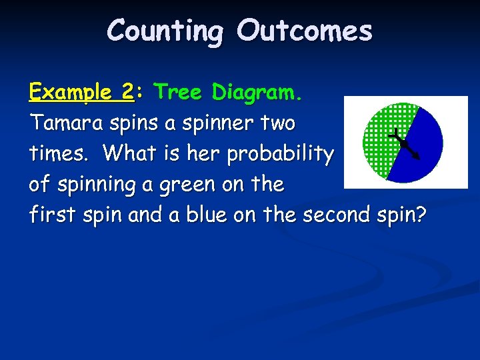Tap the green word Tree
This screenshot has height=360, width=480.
pos(179,93)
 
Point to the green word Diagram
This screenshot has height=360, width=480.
pos(257,93)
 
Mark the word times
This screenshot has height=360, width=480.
pos(62,154)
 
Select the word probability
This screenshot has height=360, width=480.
pos(280,154)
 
